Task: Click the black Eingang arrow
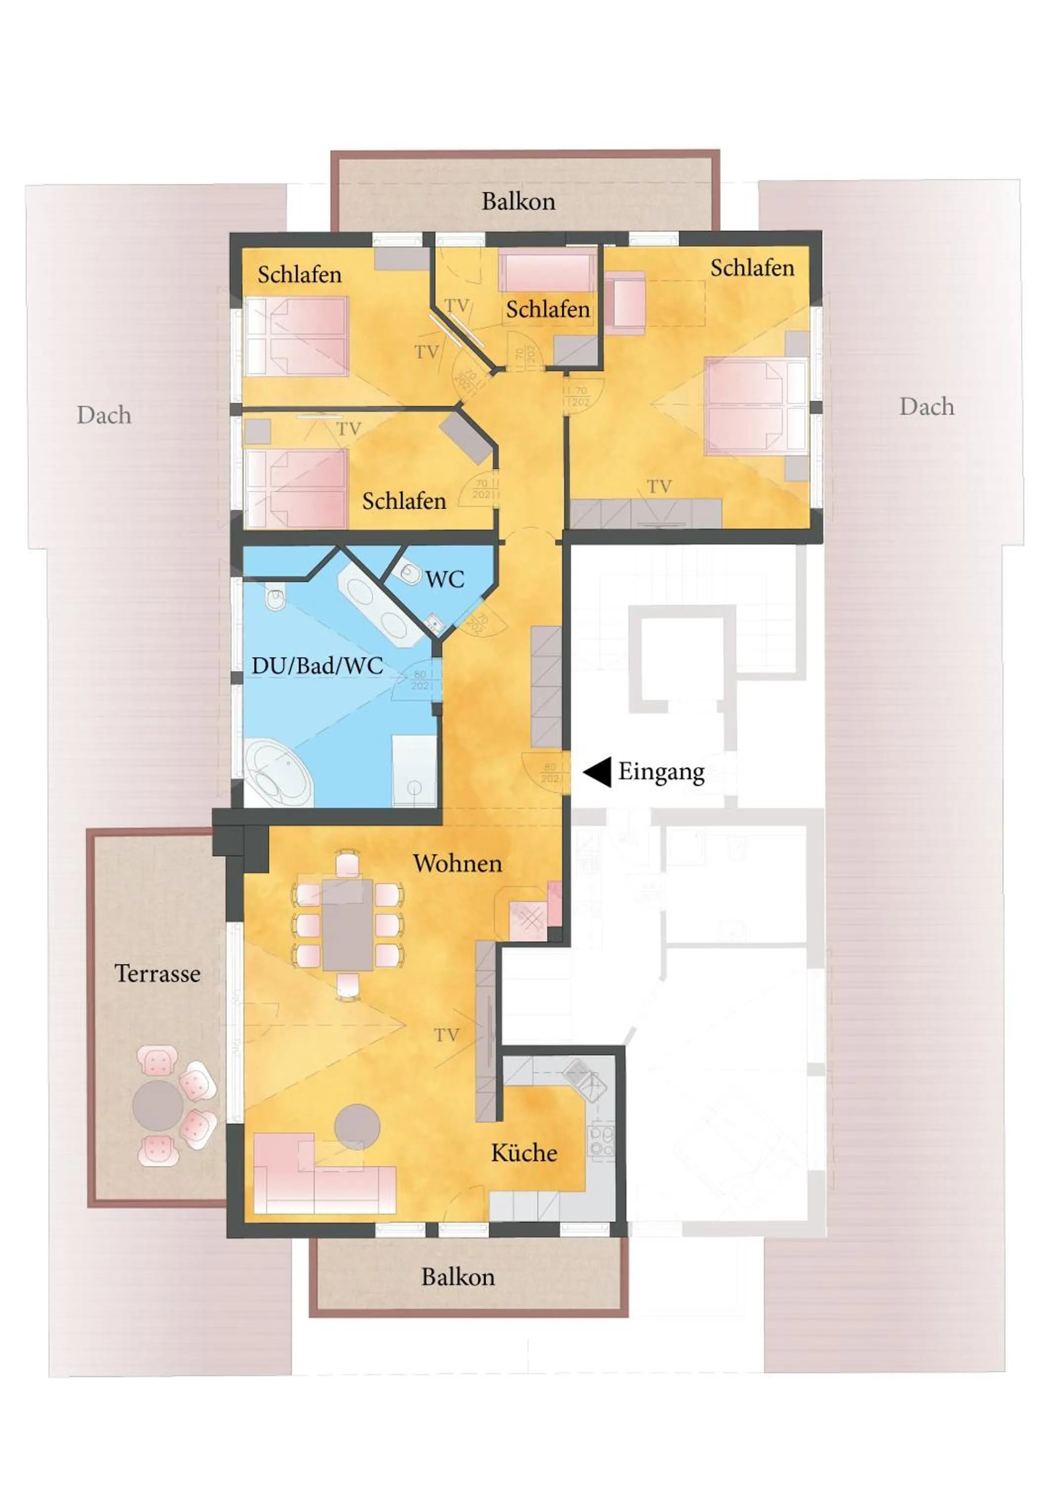pos(599,772)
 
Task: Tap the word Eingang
pos(661,772)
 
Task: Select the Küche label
pos(524,1153)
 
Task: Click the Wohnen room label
pos(457,863)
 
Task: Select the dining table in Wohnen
pos(348,924)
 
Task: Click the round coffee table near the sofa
pos(357,1127)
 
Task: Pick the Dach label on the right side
pos(926,407)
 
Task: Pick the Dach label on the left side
pos(104,415)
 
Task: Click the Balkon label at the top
pos(518,201)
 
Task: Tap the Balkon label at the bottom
pos(458,1277)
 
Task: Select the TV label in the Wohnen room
pos(446,1036)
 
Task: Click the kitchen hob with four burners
pos(600,1140)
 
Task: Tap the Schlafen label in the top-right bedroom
pos(752,268)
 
